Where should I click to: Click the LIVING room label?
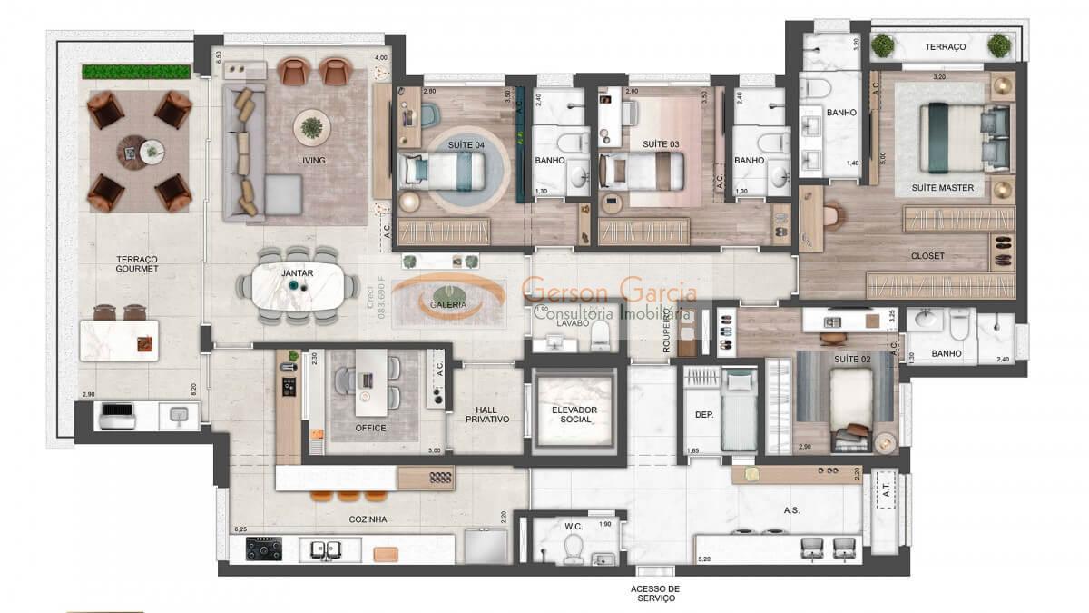click(311, 161)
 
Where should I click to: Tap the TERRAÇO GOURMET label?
click(137, 263)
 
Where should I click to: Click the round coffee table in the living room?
click(311, 127)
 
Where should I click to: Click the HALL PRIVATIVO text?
click(487, 414)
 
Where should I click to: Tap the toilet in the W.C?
click(574, 547)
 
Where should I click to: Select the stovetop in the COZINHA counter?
click(265, 549)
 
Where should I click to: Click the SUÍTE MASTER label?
click(943, 188)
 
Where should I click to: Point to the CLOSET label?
click(927, 256)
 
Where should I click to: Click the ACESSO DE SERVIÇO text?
click(655, 593)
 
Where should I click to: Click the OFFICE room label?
click(370, 428)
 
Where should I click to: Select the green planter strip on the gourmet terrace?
click(136, 71)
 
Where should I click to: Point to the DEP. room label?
click(704, 414)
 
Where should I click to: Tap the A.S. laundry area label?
click(791, 510)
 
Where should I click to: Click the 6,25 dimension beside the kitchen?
click(240, 529)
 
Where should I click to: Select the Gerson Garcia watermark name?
click(609, 292)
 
